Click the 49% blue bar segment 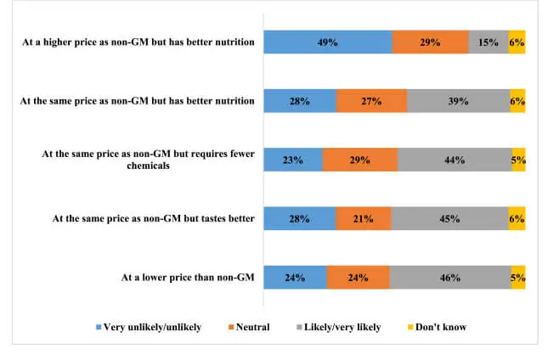point(327,42)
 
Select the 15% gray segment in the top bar point(488,42)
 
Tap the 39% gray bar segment point(458,101)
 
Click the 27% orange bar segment point(371,101)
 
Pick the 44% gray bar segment point(454,160)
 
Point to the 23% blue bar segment point(293,160)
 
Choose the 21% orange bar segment point(363,218)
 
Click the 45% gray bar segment point(450,218)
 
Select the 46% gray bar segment point(450,277)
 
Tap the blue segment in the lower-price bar point(295,277)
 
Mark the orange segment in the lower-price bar point(358,277)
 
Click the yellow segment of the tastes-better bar point(517,218)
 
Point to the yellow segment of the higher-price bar point(517,42)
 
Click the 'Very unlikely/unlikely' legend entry point(148,327)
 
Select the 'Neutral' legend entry point(248,327)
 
